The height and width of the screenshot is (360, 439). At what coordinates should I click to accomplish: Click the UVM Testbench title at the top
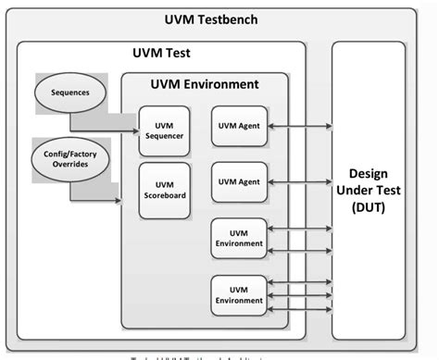[219, 19]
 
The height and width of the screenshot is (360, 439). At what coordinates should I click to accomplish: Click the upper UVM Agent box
[239, 126]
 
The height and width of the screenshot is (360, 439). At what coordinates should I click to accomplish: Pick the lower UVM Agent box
[239, 181]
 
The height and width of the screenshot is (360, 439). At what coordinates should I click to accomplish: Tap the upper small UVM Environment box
[239, 238]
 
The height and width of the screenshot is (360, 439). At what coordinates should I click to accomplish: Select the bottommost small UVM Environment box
[239, 293]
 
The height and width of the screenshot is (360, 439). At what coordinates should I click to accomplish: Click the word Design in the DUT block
[368, 174]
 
